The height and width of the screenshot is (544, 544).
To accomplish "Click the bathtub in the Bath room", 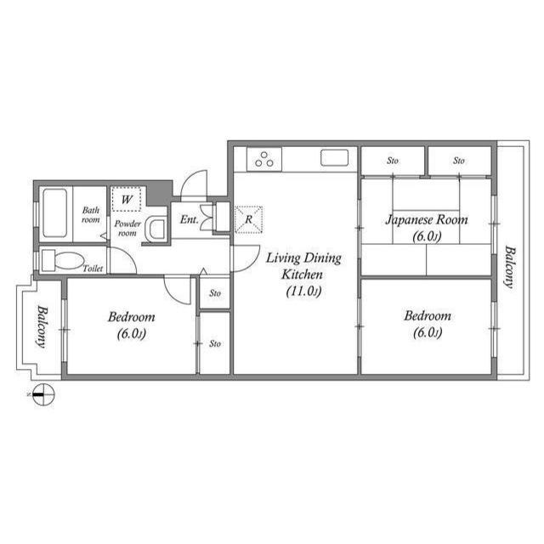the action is point(54,213).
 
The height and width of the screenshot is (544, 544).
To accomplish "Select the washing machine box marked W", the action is point(127,199).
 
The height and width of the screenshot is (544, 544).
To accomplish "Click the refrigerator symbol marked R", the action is point(248,219).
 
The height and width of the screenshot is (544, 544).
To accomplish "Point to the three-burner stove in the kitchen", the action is point(264,159).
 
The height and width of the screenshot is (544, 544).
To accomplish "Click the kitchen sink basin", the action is point(334,158).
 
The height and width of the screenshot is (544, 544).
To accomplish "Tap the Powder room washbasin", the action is point(156,229).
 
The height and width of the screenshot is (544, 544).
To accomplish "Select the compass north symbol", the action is point(43,394).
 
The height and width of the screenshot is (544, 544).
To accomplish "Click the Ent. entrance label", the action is point(190,219).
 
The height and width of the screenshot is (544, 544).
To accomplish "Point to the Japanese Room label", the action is point(427,219).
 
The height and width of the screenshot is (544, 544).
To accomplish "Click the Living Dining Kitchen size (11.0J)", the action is point(303,291).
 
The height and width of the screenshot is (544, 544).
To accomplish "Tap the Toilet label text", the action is point(93,269).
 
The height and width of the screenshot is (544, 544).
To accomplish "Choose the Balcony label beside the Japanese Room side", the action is point(509,267).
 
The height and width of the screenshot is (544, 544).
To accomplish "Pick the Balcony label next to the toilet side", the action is point(42,326).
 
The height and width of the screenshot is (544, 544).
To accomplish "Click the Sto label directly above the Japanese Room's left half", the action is point(393,161).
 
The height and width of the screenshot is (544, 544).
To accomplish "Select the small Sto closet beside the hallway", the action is point(215,293).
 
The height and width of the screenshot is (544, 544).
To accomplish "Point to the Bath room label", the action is point(91,215).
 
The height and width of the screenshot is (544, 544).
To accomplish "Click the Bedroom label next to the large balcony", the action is point(428,315).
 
